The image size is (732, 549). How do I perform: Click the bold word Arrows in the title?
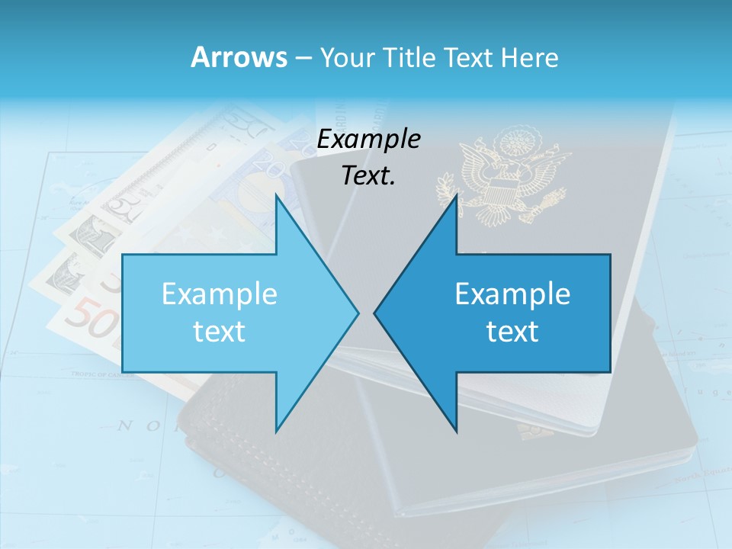239,57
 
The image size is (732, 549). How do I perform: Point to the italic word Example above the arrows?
368,140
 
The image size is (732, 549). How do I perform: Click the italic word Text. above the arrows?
368,176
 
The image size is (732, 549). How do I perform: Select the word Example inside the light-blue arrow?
220,294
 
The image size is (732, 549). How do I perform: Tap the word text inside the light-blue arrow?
220,332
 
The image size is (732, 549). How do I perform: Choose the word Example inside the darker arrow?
512,294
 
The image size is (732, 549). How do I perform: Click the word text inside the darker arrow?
512,332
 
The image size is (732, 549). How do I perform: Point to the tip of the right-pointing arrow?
358,313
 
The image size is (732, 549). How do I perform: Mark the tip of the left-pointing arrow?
375,313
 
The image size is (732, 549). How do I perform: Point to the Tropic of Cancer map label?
103,374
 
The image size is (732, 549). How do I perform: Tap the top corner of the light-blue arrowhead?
276,195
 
